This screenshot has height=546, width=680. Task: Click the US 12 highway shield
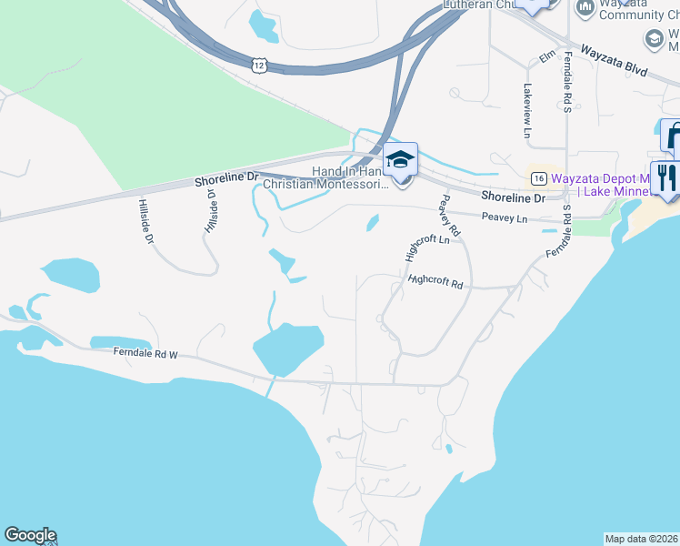click(260, 65)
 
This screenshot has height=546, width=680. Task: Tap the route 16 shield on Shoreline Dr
click(539, 177)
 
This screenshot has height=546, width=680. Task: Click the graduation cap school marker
click(400, 160)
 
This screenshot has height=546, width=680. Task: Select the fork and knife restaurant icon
click(665, 176)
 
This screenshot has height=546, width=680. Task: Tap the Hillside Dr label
click(146, 221)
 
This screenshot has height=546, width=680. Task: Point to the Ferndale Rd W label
click(145, 353)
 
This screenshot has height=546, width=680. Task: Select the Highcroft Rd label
click(435, 283)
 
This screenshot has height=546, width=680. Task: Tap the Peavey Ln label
click(505, 218)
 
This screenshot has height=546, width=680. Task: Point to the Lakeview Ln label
click(526, 111)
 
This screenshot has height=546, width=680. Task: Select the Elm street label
click(547, 57)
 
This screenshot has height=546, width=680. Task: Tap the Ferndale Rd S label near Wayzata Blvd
click(565, 82)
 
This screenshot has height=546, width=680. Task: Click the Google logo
click(30, 535)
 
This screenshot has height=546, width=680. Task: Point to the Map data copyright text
click(642, 539)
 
